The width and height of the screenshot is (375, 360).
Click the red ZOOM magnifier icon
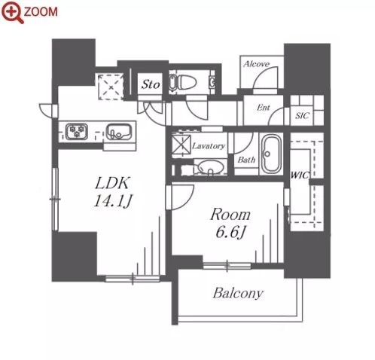[12, 12]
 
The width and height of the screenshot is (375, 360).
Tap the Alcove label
[256, 64]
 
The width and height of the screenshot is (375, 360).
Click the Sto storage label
[151, 84]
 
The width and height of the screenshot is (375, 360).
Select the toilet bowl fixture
[183, 82]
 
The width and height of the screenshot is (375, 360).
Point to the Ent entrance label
[263, 108]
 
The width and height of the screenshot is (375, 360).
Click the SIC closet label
[302, 116]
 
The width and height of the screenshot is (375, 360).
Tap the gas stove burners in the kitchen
[77, 131]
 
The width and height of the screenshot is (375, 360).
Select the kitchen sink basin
[119, 132]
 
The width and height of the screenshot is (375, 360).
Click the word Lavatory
[209, 146]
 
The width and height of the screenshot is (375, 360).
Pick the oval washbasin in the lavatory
[210, 167]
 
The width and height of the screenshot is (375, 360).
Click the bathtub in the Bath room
[271, 154]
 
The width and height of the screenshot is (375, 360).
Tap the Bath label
[246, 160]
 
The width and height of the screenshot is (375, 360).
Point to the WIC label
[300, 175]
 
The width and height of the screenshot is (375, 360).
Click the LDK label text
[113, 183]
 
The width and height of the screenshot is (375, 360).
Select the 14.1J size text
[113, 200]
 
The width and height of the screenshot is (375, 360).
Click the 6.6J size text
[230, 233]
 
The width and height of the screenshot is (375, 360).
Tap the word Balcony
[238, 293]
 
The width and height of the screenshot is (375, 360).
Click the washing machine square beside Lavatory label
[181, 144]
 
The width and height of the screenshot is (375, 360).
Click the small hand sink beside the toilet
[212, 81]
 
